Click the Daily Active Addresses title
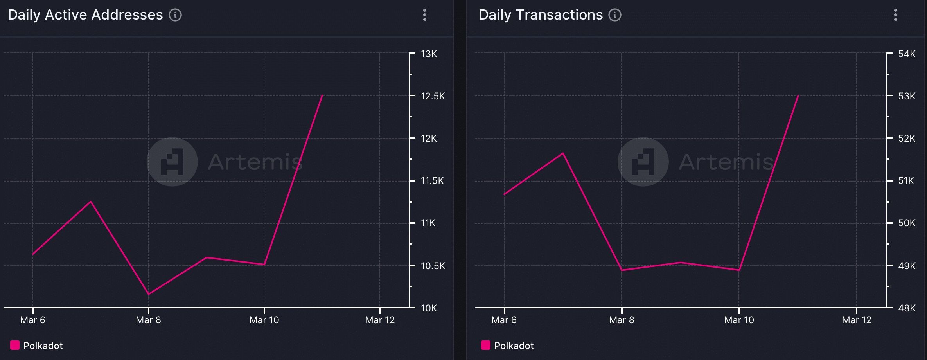coord(85,15)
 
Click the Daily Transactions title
coord(541,15)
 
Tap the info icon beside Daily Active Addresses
coord(175,15)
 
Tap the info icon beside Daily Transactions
coord(615,15)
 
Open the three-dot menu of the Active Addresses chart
coord(425,15)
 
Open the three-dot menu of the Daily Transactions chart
coord(896,15)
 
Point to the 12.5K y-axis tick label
coord(433,96)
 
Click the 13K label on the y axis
coord(429,54)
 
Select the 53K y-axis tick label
coord(907,96)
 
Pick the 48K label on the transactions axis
coord(907,308)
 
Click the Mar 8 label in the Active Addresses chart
coord(148,320)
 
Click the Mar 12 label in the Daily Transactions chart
coord(857,320)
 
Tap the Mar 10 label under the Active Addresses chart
coord(264,320)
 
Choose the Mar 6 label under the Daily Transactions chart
coord(504,320)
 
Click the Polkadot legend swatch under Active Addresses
coord(15,345)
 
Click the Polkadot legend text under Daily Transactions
coord(514,346)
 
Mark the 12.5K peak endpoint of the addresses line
coord(322,95)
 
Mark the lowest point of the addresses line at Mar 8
coord(148,294)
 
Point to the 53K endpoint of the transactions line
coord(798,95)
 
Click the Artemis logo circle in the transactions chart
coord(643,162)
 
